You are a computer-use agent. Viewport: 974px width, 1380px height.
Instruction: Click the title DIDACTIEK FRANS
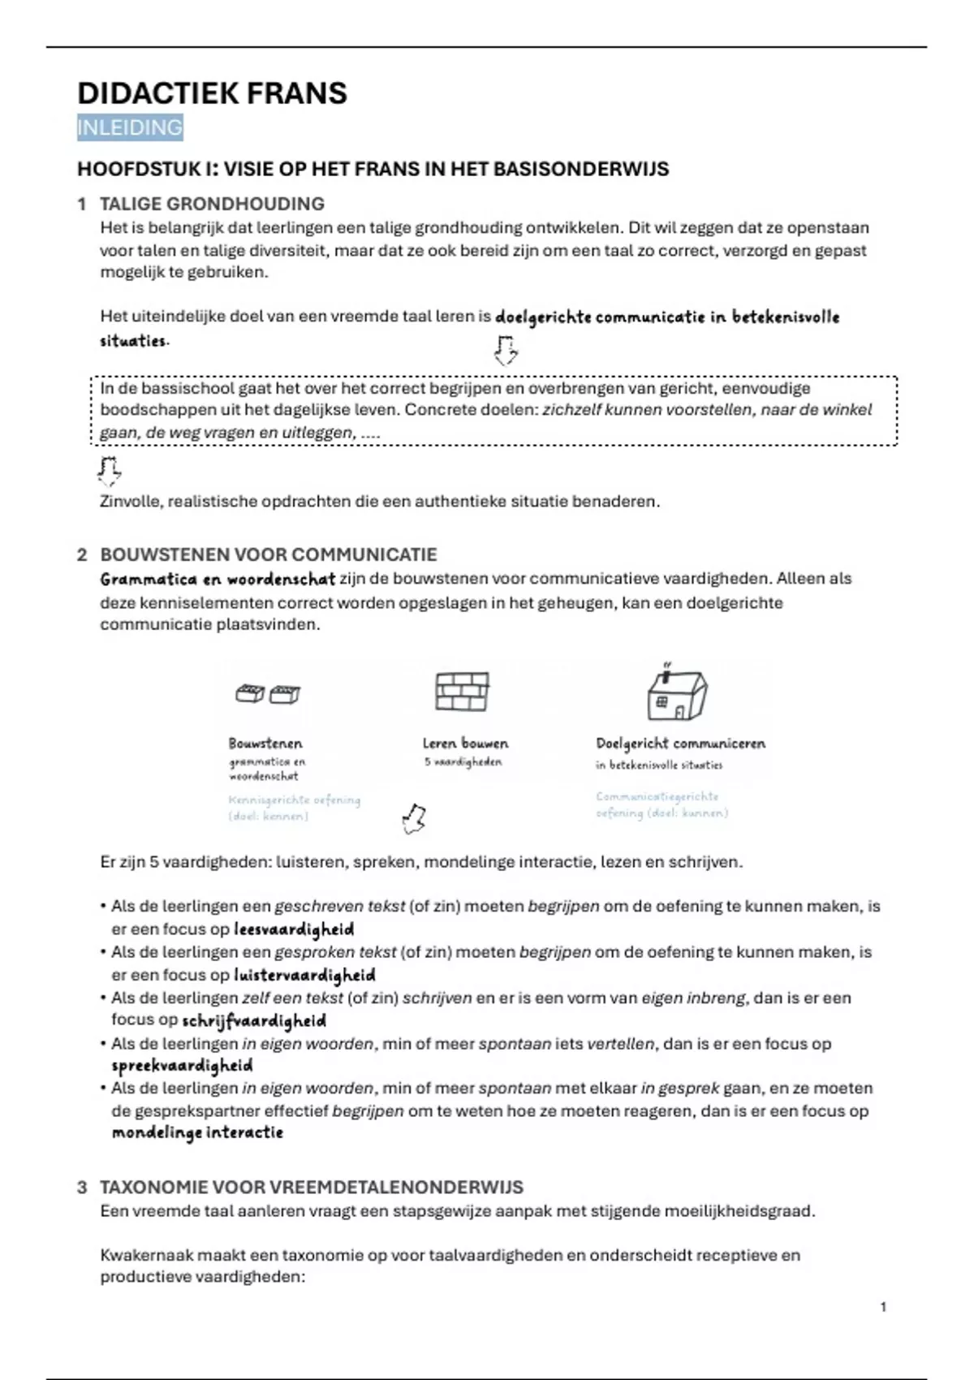coord(212,93)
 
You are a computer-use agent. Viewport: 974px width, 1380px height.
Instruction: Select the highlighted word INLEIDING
coord(130,127)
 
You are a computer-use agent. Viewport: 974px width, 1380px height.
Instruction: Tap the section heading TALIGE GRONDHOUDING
coord(212,204)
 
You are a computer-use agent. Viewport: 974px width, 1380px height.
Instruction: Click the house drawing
coord(677,694)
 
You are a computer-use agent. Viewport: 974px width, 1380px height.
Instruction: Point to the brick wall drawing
coord(462,692)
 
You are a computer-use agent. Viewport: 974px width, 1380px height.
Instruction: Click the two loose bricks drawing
coord(268,694)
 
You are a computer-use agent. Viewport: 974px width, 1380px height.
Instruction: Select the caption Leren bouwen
coord(465,743)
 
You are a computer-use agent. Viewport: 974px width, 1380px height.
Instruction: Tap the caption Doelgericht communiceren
coord(680,743)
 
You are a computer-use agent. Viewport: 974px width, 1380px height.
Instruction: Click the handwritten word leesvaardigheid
coord(294,929)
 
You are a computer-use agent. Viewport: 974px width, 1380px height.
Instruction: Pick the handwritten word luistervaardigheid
coord(304,975)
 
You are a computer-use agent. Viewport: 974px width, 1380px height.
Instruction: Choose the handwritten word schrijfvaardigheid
coord(254,1021)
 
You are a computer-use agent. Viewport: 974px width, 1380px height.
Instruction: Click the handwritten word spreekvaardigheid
coord(182,1065)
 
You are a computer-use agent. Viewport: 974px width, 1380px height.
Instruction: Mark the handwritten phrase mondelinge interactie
coord(197,1132)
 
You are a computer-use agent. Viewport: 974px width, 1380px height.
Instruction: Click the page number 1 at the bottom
coord(883,1307)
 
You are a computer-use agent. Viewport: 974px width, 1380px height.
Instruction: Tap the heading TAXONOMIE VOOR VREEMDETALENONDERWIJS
coord(312,1187)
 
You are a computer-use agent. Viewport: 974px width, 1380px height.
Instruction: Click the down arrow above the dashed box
coord(506,351)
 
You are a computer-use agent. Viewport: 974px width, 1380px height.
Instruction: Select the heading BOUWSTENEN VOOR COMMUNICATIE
coord(268,554)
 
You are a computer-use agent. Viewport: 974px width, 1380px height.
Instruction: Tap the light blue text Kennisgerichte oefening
coord(294,800)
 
